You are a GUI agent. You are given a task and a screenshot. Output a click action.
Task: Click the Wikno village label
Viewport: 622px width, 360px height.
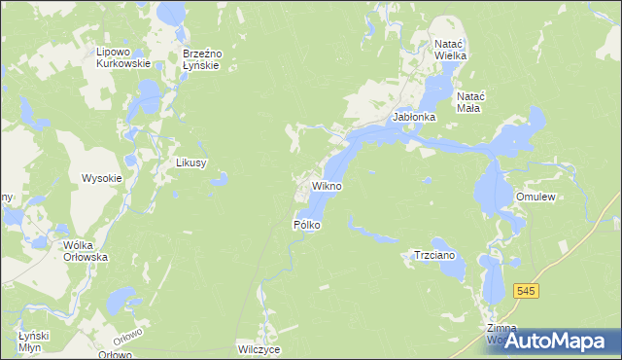pos(327,185)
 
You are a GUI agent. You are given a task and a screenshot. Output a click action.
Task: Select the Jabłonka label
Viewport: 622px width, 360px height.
pos(414,117)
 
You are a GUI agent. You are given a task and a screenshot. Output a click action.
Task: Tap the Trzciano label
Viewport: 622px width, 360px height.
pos(434,255)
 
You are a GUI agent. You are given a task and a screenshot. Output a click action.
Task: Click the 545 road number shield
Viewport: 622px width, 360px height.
pos(527,292)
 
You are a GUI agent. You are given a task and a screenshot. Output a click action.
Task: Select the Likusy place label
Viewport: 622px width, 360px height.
pos(190,162)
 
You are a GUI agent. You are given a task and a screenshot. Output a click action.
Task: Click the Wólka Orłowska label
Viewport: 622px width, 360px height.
pos(85,252)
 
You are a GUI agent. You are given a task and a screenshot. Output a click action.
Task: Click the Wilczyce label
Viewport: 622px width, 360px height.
pos(259,347)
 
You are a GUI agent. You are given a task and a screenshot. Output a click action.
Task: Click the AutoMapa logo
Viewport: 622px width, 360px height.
pos(559,341)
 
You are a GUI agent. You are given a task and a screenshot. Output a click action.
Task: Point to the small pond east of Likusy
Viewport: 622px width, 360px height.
pos(223,178)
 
